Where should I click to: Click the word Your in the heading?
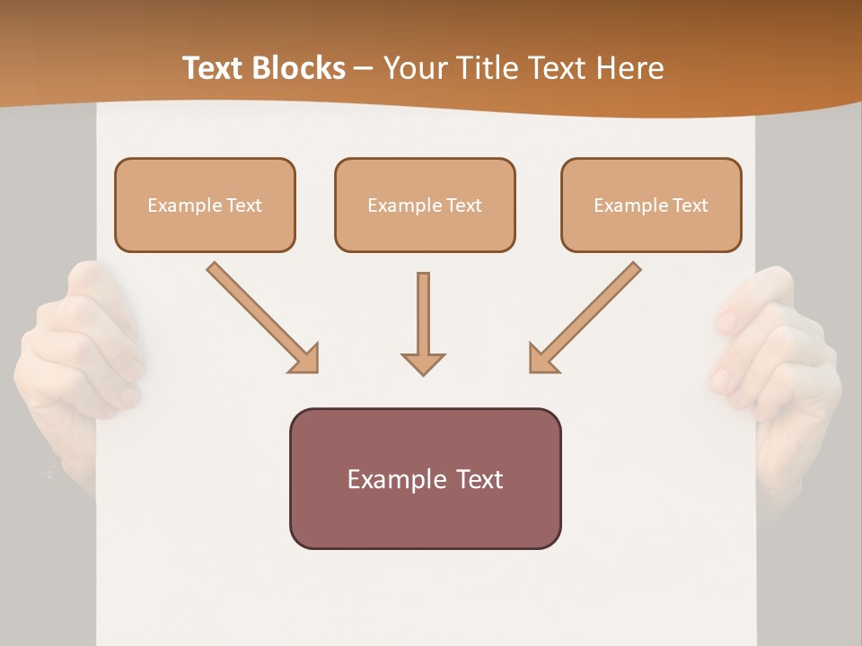pos(412,68)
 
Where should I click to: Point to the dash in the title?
pos(364,68)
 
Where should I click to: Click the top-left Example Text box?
pos(205,205)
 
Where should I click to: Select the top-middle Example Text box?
pos(425,205)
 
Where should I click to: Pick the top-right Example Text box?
pos(651,205)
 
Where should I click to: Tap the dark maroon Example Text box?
pos(425,478)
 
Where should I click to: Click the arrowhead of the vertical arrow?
pos(423,363)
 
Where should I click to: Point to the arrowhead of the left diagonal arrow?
pos(305,359)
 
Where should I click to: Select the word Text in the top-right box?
pos(690,205)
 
